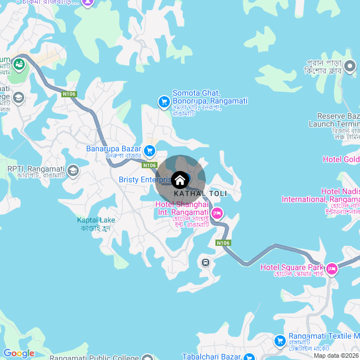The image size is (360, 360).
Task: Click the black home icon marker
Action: [x=180, y=180]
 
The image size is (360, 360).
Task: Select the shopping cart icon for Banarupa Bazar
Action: [x=150, y=150]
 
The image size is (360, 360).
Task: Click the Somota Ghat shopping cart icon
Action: [x=164, y=101]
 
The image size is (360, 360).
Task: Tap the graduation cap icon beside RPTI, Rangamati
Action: [x=73, y=170]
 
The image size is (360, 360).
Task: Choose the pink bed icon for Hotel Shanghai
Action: [x=217, y=213]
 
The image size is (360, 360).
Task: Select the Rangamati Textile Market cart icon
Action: [x=280, y=340]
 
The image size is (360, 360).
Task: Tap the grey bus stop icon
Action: [x=206, y=262]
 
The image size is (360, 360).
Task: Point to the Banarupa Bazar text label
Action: [x=112, y=149]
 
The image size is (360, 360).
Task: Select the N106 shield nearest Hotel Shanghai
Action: [x=223, y=242]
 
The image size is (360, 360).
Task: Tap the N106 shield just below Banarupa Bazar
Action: [x=149, y=165]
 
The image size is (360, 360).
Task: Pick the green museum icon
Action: [x=20, y=64]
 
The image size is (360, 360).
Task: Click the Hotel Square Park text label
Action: [x=292, y=267]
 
